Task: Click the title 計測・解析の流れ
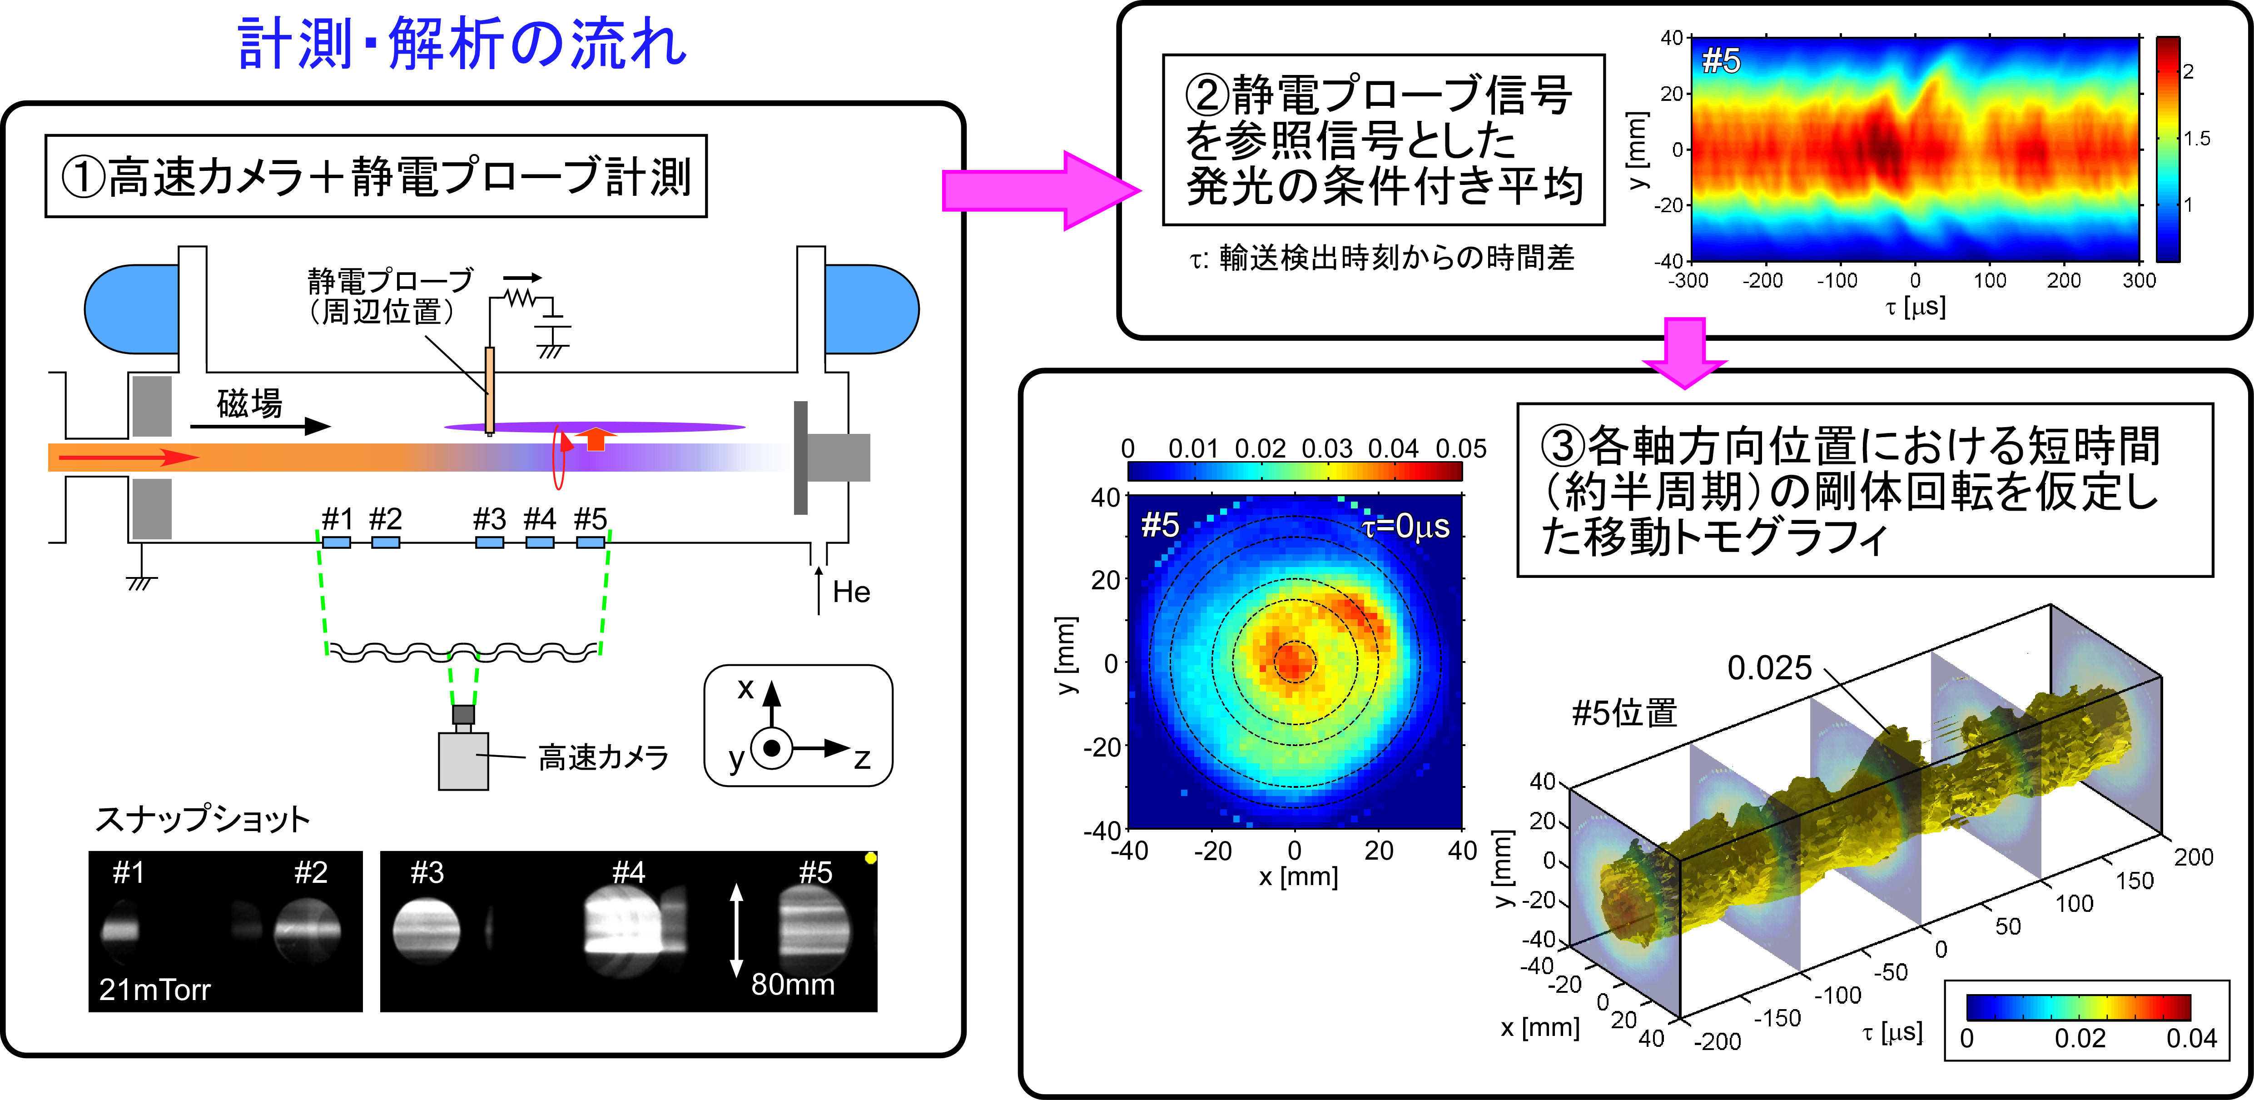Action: click(462, 44)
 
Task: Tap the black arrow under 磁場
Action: click(261, 426)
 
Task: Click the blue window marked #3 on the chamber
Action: click(489, 543)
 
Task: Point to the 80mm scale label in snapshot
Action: click(793, 985)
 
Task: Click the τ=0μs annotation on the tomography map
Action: click(1405, 526)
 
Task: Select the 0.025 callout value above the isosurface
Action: click(1769, 668)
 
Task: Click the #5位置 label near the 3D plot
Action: click(1624, 713)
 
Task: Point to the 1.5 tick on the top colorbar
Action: click(2196, 138)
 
